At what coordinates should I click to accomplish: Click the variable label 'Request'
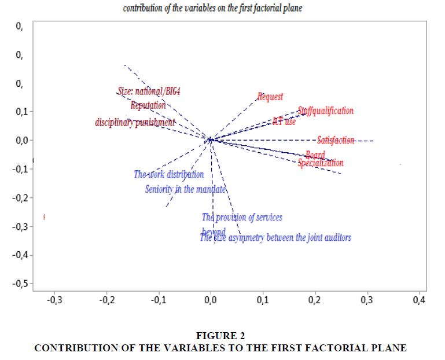coord(270,97)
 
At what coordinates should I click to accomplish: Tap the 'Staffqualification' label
coord(325,111)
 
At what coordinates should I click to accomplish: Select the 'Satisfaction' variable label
coord(336,140)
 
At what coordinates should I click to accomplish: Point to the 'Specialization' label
coord(321,163)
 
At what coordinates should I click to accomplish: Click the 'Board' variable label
coord(315,155)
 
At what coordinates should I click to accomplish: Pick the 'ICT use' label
coord(284,122)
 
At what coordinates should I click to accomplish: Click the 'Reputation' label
coord(148,105)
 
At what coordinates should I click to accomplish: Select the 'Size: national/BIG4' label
coord(145,91)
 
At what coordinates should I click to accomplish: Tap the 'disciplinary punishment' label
coord(135,123)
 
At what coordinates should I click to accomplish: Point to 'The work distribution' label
coord(169,174)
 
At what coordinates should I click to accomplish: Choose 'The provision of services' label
coord(242,218)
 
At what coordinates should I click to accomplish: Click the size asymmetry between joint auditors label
coord(275,237)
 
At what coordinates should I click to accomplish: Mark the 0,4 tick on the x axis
coord(419,300)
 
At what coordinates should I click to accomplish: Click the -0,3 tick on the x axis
coord(54,300)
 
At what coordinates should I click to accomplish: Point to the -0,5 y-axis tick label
coord(21,284)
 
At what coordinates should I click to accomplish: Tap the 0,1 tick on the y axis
coord(23,112)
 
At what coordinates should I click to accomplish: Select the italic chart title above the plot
coord(212,9)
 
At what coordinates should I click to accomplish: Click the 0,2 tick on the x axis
coord(315,300)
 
